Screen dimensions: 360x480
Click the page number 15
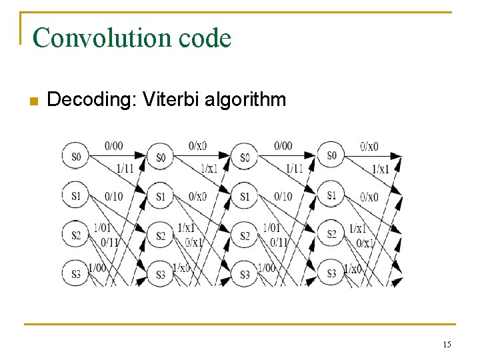446,344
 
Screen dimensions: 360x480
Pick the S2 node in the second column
160,236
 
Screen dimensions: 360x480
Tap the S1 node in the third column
245,197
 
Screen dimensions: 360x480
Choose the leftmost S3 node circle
75,273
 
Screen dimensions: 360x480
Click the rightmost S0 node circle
331,155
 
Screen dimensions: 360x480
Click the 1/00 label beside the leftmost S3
97,267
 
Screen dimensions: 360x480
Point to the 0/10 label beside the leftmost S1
114,196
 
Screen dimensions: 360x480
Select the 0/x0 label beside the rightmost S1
369,197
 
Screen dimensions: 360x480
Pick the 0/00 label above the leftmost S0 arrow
114,145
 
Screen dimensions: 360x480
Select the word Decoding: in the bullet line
81,101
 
